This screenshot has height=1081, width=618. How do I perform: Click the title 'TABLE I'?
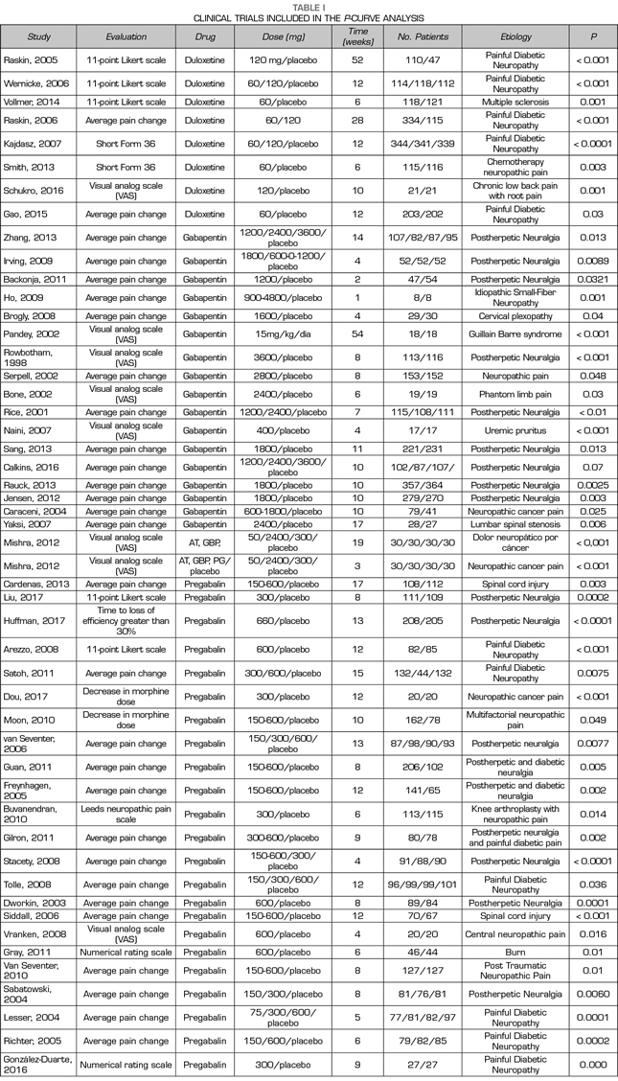pyautogui.click(x=309, y=6)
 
